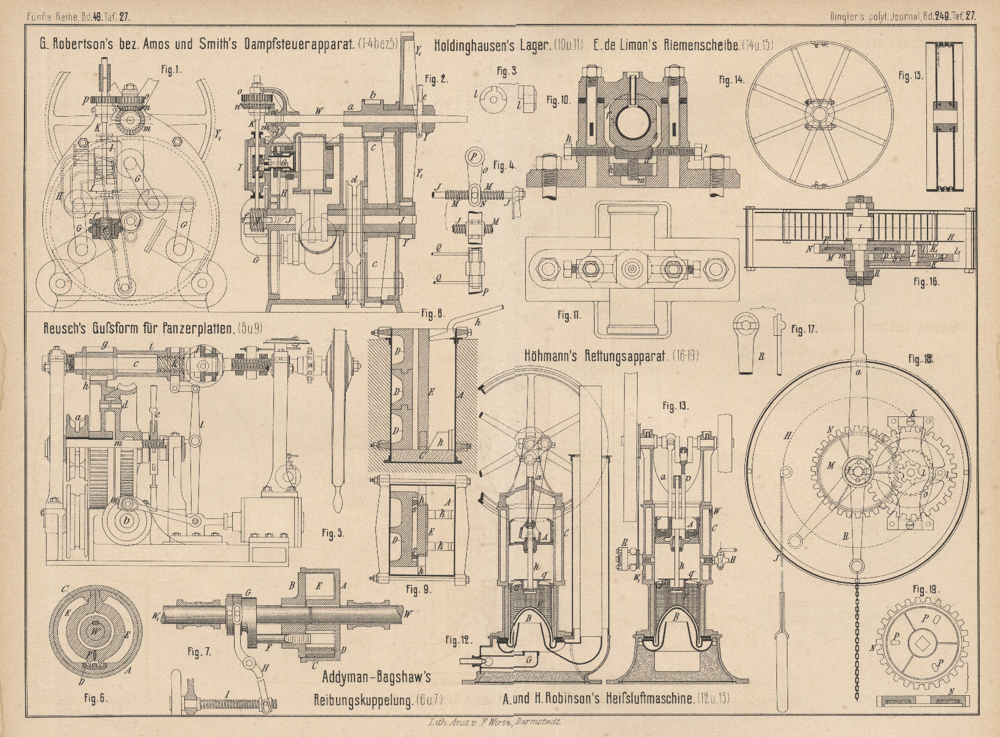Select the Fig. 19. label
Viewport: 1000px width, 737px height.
pyautogui.click(x=925, y=590)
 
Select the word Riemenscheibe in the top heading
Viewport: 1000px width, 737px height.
pyautogui.click(x=700, y=45)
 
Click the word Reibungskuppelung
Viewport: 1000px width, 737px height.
pyautogui.click(x=362, y=699)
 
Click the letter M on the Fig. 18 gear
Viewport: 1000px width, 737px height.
pyautogui.click(x=831, y=466)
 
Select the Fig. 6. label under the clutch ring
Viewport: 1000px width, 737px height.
pyautogui.click(x=95, y=698)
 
